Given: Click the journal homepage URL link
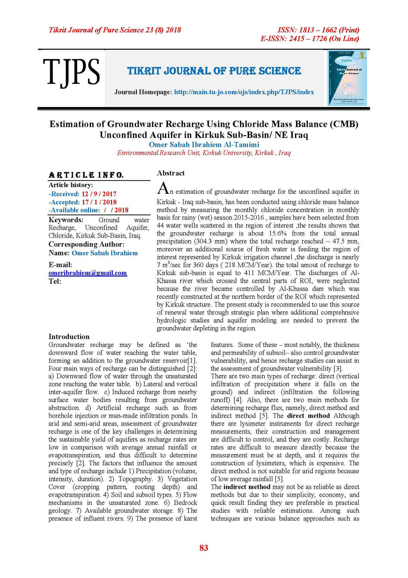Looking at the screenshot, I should (244, 92).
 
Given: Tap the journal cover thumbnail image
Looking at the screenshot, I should (347, 78).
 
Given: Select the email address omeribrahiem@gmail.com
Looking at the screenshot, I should (88, 273).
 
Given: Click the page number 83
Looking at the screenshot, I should (204, 548).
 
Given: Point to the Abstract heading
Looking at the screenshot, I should (171, 173).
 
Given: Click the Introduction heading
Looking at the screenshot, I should (69, 336).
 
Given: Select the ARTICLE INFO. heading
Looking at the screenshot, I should (86, 175).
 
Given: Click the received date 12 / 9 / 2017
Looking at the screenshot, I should (99, 194).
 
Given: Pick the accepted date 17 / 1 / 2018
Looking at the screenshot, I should (99, 202).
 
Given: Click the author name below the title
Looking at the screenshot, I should (204, 145).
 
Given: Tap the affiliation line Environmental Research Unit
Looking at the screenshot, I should (204, 153).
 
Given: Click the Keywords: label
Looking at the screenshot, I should (66, 220).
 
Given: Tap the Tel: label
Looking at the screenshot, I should (55, 281).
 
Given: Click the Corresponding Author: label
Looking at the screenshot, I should (86, 244).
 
